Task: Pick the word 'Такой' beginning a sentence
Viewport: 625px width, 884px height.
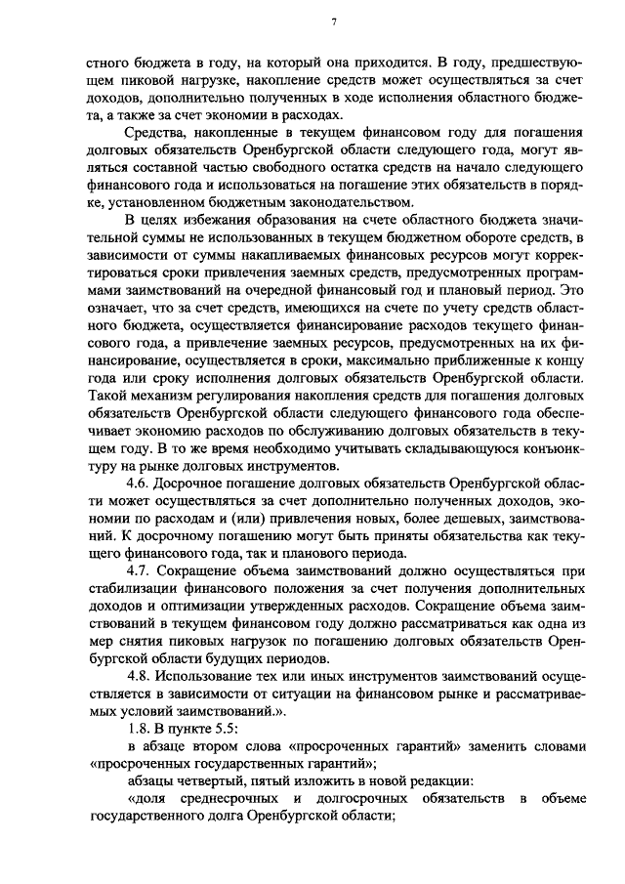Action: pyautogui.click(x=106, y=397)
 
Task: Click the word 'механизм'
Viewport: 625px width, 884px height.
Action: pyautogui.click(x=160, y=397)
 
